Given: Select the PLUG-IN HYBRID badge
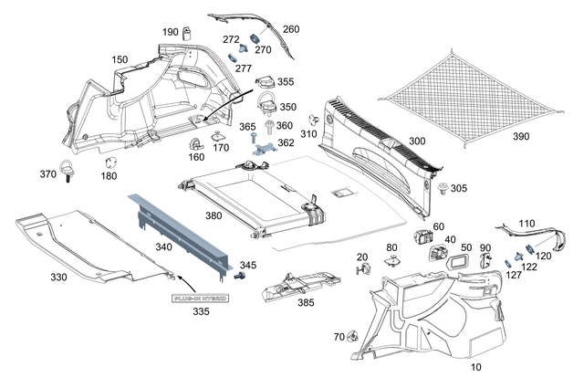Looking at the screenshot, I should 201,299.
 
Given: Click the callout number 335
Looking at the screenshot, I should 201,312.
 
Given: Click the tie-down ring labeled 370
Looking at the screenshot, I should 69,170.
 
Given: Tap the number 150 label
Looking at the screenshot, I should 120,59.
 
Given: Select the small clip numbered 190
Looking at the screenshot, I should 188,34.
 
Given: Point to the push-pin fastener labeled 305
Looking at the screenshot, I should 443,189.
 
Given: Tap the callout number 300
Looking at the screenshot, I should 416,142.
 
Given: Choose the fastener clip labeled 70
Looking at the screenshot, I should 351,337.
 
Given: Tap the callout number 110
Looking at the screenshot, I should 527,223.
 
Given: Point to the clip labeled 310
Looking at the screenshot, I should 314,120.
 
